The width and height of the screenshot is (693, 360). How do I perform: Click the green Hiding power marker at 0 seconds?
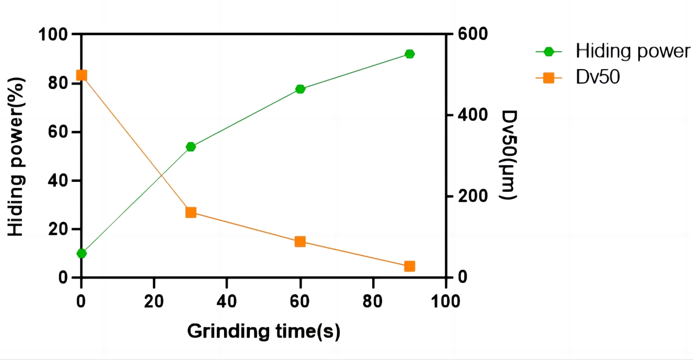[81, 253]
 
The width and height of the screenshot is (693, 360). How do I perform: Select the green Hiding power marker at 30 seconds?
[190, 147]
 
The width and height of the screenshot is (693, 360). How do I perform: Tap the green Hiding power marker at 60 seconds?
[300, 89]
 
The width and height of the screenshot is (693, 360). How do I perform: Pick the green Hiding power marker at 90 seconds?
[409, 54]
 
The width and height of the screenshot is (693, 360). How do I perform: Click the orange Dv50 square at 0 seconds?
[81, 75]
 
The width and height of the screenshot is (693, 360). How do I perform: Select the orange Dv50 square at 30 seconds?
[191, 212]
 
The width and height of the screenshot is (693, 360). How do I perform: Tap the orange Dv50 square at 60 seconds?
[300, 242]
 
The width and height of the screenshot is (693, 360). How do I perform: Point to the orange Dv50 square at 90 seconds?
[409, 266]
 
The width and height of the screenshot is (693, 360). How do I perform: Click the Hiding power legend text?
[632, 51]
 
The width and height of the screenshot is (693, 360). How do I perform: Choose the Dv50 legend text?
[598, 77]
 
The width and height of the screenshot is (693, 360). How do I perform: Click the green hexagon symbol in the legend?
[549, 52]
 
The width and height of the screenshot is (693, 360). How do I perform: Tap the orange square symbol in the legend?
[549, 78]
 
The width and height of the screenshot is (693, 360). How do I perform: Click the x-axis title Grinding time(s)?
[264, 332]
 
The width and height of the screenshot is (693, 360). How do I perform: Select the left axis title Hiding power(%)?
[16, 156]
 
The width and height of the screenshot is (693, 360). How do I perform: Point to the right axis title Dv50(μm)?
[508, 155]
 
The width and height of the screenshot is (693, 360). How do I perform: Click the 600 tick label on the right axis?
[472, 34]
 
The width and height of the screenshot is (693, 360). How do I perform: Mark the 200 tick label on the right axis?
[472, 196]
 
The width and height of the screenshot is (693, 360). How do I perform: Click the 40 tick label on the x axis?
[227, 301]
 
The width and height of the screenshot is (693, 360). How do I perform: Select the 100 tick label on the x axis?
[445, 301]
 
